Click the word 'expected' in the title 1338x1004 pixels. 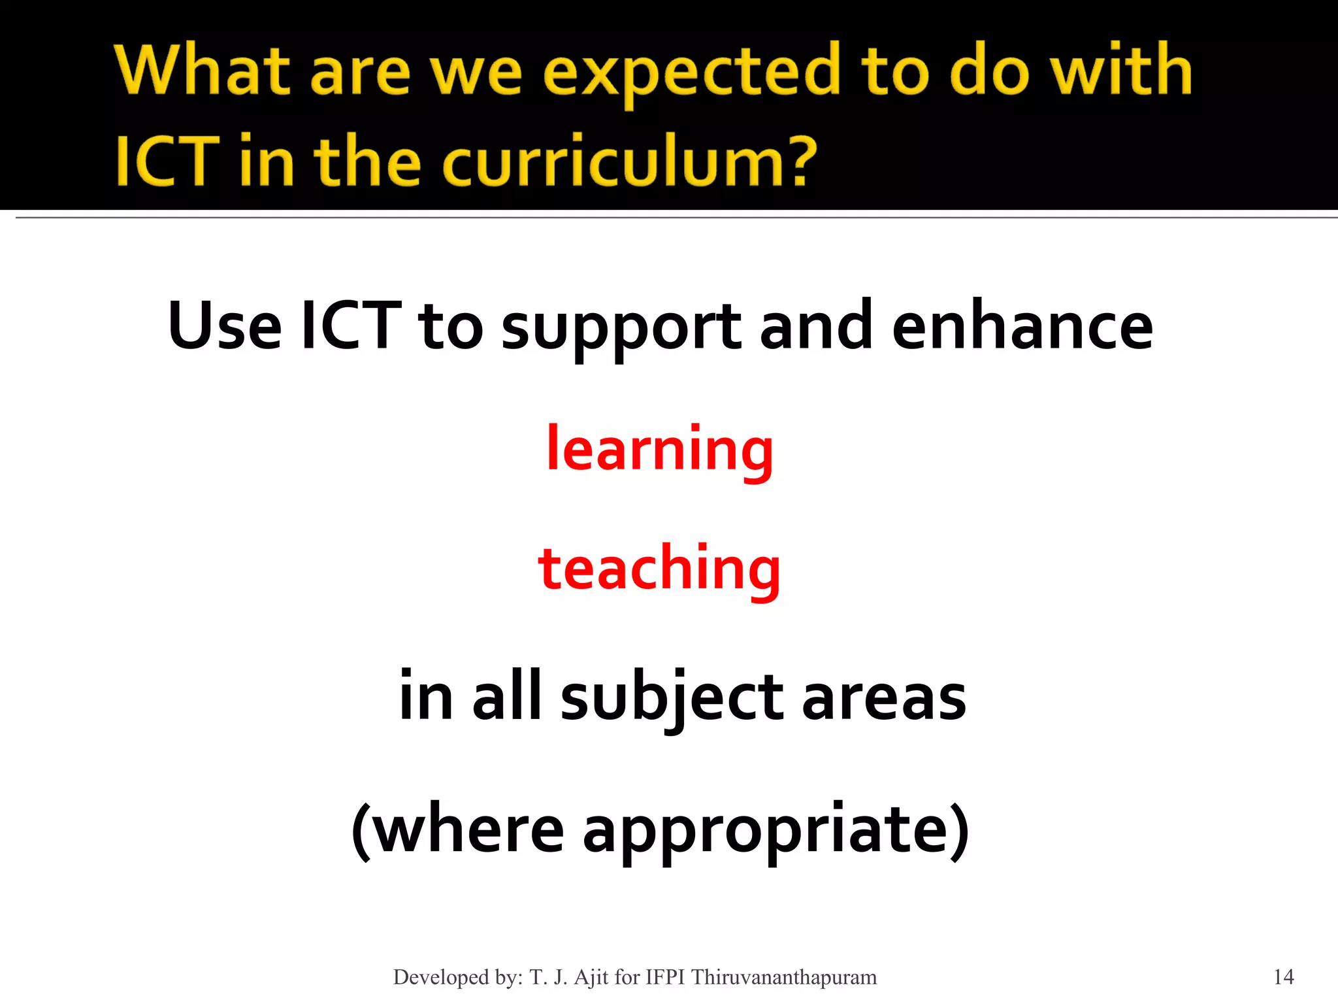click(691, 72)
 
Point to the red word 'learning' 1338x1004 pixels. click(660, 450)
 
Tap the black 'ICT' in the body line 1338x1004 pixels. click(350, 326)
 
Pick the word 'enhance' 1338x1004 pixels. click(1022, 326)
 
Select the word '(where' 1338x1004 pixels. click(457, 830)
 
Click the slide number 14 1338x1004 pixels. click(1284, 977)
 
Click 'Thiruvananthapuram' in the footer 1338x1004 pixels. click(784, 977)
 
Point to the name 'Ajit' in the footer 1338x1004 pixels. click(591, 977)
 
